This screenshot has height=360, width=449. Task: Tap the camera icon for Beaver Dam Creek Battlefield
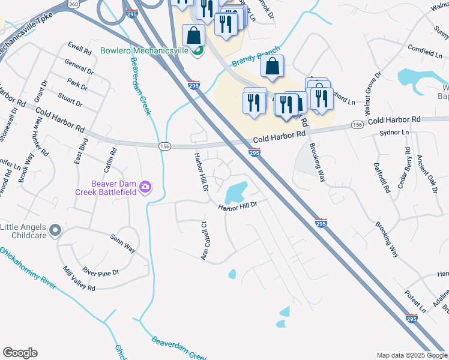coord(145,188)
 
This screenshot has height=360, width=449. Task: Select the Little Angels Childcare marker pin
coord(55,230)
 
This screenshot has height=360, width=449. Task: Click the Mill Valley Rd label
coord(79,279)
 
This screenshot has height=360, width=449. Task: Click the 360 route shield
coord(73,4)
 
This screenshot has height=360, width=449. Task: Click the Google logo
coord(20,353)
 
